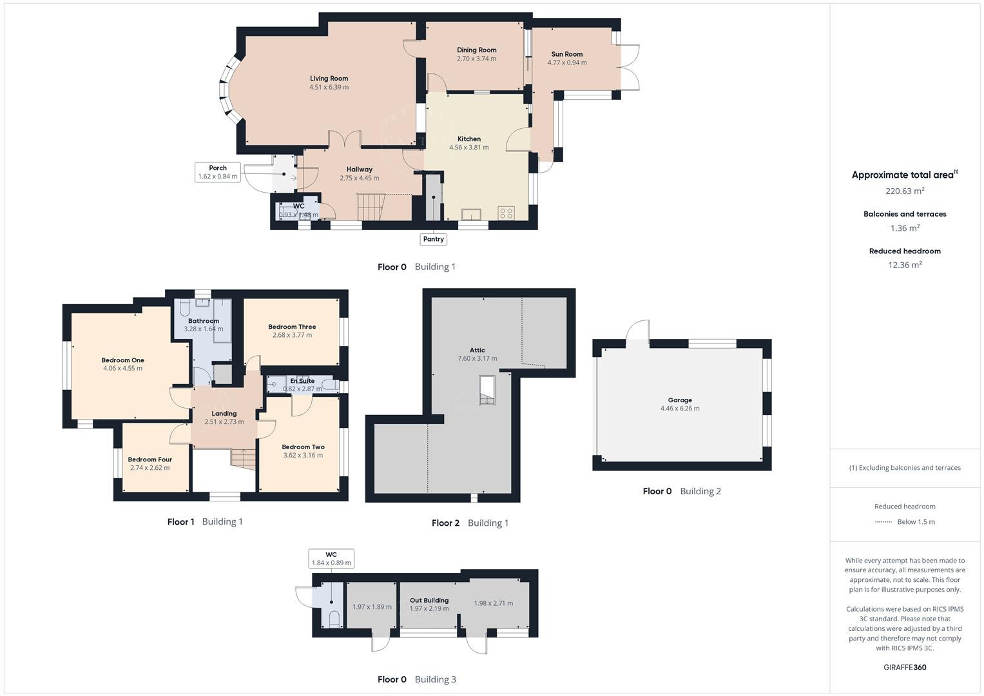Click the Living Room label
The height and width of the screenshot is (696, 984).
[329, 79]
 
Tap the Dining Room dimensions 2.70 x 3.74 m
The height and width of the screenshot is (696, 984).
[476, 59]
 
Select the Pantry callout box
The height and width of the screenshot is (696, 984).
[433, 239]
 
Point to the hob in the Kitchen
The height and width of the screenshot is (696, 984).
[506, 213]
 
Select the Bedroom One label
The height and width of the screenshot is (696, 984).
[122, 360]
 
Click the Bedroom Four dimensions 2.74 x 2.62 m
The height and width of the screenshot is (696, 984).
[150, 468]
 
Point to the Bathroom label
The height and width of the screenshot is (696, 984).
[204, 321]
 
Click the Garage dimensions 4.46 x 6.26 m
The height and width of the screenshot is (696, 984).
[679, 409]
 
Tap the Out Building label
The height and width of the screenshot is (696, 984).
[429, 600]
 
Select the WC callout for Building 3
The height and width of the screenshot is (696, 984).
[331, 559]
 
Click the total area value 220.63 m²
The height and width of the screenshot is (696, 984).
[905, 191]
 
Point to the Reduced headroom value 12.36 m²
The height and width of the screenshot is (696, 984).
[905, 265]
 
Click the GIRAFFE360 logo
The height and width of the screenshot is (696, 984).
[905, 667]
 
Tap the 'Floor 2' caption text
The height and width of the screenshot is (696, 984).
[445, 523]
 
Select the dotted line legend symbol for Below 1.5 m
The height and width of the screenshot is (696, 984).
[883, 522]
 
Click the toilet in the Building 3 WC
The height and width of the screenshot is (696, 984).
[334, 619]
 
